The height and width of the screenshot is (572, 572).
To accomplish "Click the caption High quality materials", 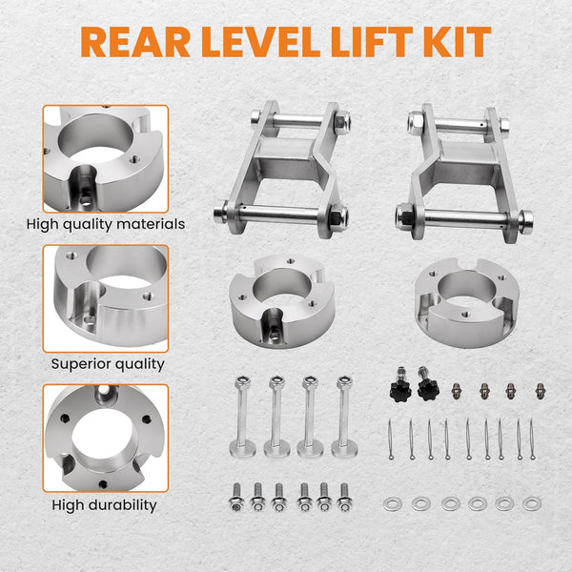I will pos(106,225).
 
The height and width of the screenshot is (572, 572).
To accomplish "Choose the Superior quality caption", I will pos(106,363).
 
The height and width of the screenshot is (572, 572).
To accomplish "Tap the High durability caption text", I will pos(106,504).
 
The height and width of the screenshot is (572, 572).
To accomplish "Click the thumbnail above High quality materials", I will pos(105,158).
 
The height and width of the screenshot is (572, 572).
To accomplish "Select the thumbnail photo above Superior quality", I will pos(105,298).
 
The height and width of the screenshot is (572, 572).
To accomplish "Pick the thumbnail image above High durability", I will pos(105,438).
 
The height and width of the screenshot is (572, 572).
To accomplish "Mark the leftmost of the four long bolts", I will pos(240,416).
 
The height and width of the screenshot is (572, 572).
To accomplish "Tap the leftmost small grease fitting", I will pos(457,391).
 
